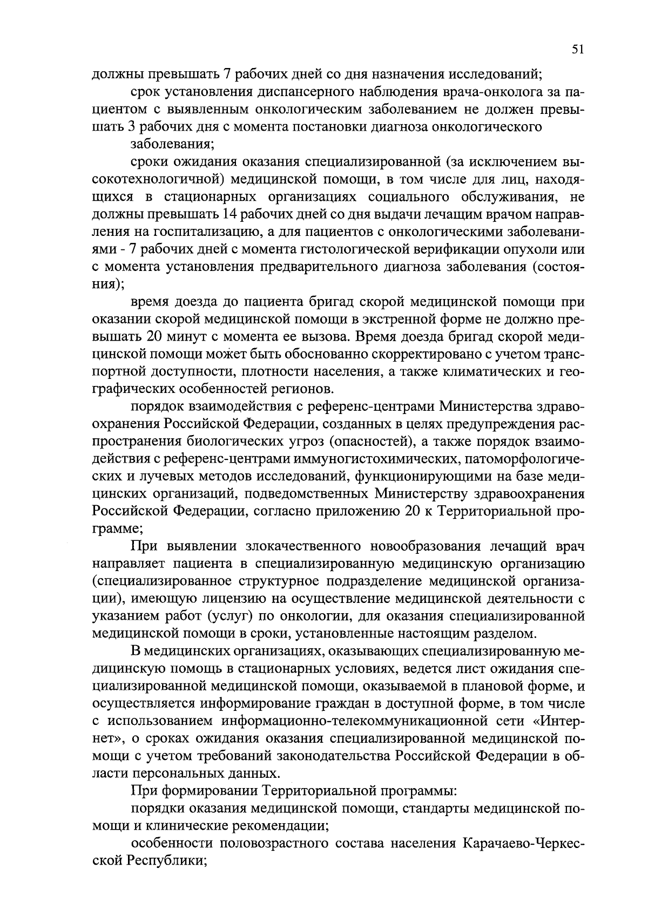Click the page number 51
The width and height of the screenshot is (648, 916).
click(x=577, y=50)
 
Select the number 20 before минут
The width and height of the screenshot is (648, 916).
click(x=152, y=337)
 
